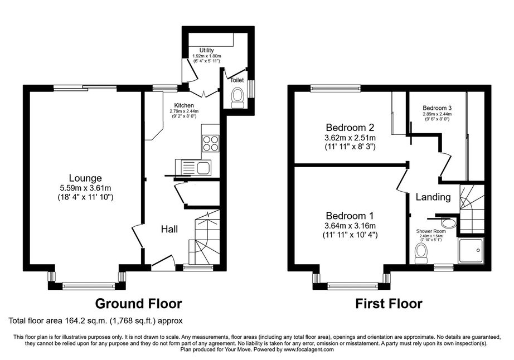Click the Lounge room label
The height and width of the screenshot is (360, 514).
tap(85, 178)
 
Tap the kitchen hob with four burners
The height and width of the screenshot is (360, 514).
tap(211, 143)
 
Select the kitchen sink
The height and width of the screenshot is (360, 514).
tap(193, 167)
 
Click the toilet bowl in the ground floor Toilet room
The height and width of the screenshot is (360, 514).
tap(237, 98)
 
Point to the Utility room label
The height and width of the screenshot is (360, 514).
tap(206, 50)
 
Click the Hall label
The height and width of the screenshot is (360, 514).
tap(169, 229)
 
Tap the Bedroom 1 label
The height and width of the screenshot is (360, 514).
tap(350, 216)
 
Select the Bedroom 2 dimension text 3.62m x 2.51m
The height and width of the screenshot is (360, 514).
tap(350, 137)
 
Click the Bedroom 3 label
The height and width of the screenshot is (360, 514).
tap(437, 108)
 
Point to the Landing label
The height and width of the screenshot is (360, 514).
tap(433, 197)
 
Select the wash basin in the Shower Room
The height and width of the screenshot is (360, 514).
tap(448, 223)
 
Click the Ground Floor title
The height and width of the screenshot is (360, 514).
tap(138, 304)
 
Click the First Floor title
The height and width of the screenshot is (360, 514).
tap(389, 304)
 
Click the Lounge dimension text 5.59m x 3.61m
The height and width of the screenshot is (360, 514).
tap(85, 188)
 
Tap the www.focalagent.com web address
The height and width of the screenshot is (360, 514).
tap(309, 349)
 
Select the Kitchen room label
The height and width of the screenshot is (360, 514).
tap(184, 105)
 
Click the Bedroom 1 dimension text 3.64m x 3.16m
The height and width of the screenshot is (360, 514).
tap(350, 226)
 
